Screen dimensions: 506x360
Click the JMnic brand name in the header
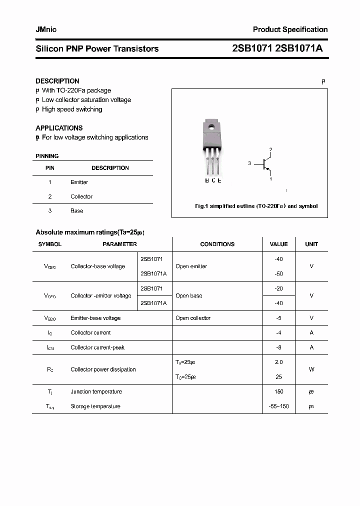point(46,29)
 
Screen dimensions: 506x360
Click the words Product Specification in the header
point(290,29)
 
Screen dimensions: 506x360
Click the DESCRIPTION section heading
point(57,81)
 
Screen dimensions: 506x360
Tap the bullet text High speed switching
point(72,109)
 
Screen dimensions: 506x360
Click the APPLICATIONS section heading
point(59,128)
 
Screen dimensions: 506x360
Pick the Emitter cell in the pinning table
point(79,182)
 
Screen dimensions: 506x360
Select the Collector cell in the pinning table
point(81,196)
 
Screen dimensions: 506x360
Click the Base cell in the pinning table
point(76,211)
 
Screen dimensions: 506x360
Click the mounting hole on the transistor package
point(211,127)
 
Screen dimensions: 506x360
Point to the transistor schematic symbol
point(265,163)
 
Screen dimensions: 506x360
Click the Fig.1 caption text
point(255,206)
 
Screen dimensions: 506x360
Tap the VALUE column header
point(278,244)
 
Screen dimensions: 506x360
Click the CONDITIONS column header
point(217,244)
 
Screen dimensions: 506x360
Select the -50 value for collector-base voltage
point(278,274)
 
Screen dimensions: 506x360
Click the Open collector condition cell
point(193,318)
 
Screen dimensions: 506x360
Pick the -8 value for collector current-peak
point(278,347)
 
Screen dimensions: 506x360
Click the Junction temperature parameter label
point(96,392)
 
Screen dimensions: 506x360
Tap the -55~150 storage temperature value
point(278,406)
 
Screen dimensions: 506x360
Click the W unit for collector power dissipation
point(311,369)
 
